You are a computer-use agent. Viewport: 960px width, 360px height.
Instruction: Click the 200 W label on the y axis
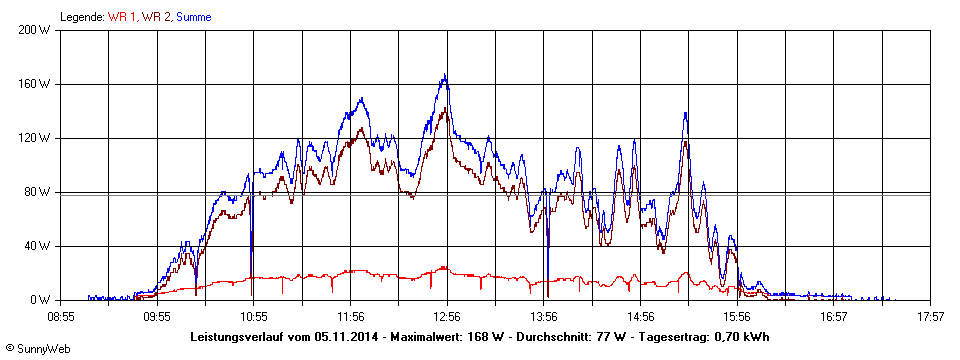point(35,30)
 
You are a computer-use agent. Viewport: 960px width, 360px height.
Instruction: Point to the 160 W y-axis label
point(35,84)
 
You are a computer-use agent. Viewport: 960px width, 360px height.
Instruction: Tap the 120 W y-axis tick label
point(35,138)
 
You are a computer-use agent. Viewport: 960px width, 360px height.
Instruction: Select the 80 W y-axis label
point(38,192)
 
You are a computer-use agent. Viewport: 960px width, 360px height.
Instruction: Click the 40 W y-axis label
point(38,246)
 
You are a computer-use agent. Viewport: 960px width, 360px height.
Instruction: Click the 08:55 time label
point(61,316)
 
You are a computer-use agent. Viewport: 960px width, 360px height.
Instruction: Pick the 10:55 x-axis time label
point(254,316)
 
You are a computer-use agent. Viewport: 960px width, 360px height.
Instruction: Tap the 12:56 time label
point(447,316)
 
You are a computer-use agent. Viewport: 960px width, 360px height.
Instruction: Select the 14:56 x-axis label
point(640,316)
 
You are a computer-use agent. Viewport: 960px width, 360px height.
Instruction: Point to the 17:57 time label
point(930,316)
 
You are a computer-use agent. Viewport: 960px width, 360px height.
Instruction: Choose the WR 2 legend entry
point(157,17)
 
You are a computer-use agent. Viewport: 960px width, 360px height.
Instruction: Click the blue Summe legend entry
point(193,17)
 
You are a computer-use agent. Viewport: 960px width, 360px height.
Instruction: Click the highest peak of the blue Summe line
point(445,75)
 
